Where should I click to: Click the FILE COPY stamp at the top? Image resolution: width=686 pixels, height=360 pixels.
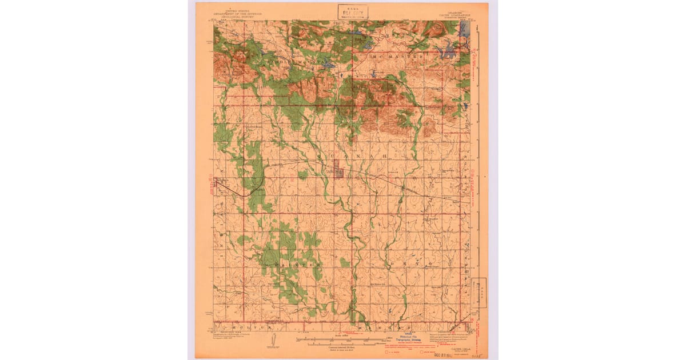pyautogui.click(x=352, y=11)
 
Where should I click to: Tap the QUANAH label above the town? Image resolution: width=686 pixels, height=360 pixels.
pyautogui.click(x=352, y=156)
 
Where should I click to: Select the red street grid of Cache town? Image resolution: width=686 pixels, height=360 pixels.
pyautogui.click(x=338, y=172)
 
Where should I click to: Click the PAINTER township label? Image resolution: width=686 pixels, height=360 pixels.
pyautogui.click(x=297, y=266)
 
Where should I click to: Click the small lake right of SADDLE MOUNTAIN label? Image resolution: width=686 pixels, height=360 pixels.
pyautogui.click(x=328, y=65)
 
